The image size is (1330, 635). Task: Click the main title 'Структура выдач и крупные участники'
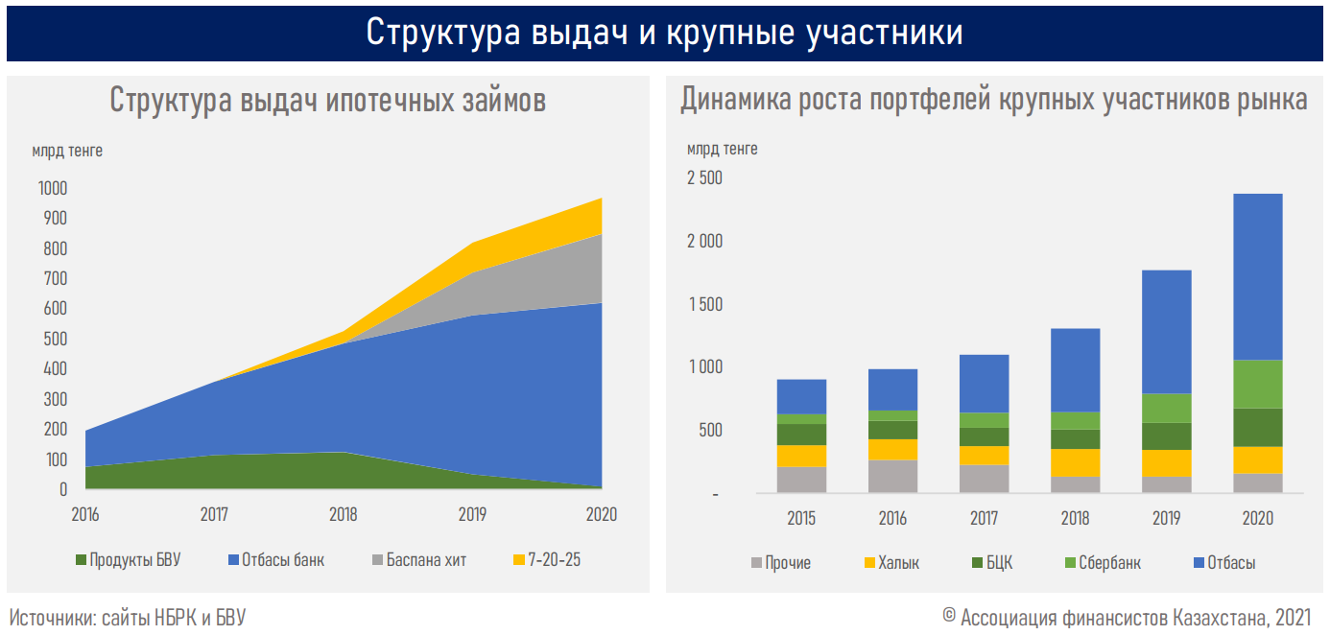(664, 32)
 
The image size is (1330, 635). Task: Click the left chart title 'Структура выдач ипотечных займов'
(327, 100)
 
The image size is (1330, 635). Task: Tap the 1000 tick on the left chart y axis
(52, 189)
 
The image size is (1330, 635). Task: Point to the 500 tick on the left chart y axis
(56, 339)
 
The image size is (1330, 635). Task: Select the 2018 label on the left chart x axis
(343, 515)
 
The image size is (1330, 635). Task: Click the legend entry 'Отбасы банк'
(278, 560)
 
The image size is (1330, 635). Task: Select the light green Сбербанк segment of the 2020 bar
(1257, 384)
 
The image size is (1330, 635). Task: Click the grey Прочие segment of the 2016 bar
(892, 477)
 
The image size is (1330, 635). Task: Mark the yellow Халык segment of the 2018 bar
(1075, 463)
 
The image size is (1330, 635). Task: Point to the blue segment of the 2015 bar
(801, 396)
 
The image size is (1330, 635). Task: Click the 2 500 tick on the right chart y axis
(704, 178)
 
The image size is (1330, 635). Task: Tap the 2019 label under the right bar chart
(1166, 519)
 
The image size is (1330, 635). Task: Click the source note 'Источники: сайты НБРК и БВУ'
(128, 618)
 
